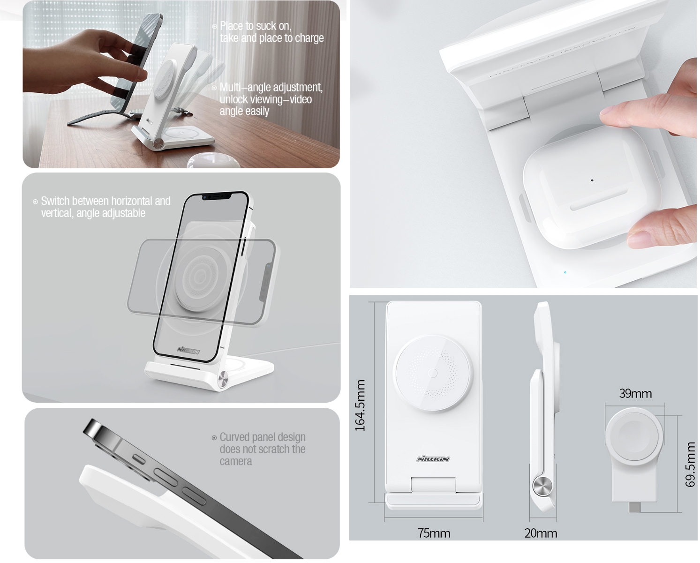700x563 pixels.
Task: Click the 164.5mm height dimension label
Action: pos(360,405)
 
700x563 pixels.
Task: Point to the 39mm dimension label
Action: pos(636,394)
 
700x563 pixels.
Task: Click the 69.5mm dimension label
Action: pos(690,465)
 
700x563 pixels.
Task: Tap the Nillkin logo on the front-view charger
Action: pos(433,459)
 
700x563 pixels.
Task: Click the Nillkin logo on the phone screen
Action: pos(188,350)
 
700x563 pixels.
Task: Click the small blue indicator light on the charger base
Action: pos(565,272)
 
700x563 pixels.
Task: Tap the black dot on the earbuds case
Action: pos(592,180)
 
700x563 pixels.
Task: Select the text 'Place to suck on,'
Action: pos(256,26)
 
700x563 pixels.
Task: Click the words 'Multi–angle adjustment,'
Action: pos(271,87)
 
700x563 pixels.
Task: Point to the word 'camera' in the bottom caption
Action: pos(236,461)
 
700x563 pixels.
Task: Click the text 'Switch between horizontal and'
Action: pos(105,201)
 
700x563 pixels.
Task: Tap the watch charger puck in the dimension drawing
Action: pos(634,435)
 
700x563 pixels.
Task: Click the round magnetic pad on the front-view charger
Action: pos(433,373)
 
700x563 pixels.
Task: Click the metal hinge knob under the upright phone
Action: pos(223,380)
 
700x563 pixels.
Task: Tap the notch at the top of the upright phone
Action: pos(217,196)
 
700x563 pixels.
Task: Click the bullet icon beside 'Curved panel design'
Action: pos(214,438)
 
